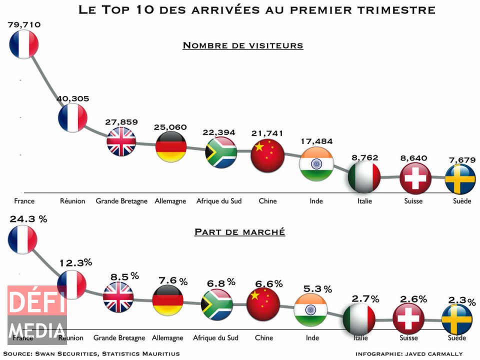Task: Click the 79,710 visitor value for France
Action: (x=24, y=24)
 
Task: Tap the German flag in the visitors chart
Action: (x=171, y=146)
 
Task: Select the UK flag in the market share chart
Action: (x=118, y=297)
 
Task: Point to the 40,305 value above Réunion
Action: (x=72, y=99)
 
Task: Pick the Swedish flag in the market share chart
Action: (x=457, y=319)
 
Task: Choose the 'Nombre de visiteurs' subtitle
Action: (x=243, y=45)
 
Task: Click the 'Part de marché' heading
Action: (x=239, y=232)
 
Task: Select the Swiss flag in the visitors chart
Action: (x=415, y=178)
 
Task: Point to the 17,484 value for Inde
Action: (x=316, y=141)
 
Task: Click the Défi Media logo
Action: (x=37, y=315)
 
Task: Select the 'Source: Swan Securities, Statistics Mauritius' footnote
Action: (x=91, y=354)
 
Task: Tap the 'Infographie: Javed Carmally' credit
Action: (x=409, y=354)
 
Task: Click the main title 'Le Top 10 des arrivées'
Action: (x=257, y=9)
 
